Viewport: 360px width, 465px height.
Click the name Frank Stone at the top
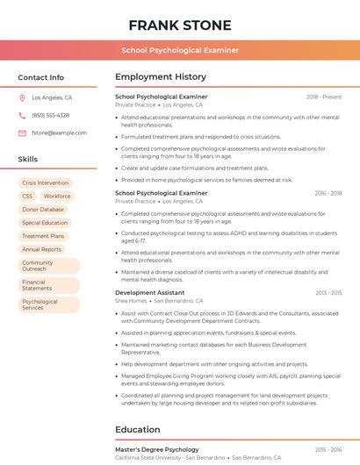180,25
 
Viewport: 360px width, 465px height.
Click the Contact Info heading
40,77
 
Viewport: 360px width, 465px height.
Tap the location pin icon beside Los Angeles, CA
22,98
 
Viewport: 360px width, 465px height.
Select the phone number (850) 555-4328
50,115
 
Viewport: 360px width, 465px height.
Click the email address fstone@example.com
53,132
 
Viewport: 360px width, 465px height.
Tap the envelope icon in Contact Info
22,132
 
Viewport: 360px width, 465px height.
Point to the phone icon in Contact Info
22,115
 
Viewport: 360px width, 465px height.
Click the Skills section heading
28,160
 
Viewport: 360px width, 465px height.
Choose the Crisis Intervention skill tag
45,183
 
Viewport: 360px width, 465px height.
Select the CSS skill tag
27,197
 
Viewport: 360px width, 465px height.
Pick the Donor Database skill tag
43,210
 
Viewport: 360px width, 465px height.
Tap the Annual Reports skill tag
41,249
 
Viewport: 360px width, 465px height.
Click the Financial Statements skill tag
37,285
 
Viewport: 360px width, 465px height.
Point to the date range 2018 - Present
324,97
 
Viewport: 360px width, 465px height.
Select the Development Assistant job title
149,292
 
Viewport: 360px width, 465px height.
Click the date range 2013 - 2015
328,292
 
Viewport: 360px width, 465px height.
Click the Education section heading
138,430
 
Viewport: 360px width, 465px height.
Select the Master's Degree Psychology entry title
157,449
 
